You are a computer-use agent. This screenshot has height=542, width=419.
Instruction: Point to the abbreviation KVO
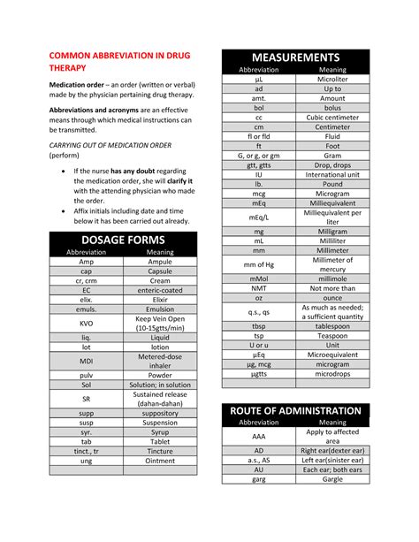[x=86, y=324]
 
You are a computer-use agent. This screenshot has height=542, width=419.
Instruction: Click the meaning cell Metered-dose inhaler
[x=160, y=361]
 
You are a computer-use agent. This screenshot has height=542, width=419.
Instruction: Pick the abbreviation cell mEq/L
[x=259, y=217]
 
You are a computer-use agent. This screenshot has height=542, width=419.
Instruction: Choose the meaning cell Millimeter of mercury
[x=332, y=264]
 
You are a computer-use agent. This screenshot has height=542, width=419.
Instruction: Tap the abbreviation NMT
[x=259, y=288]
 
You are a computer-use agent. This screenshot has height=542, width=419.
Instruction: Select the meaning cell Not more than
[x=332, y=288]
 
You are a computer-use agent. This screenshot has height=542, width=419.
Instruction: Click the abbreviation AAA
[x=259, y=436]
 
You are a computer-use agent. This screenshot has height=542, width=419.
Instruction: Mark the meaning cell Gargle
[x=332, y=481]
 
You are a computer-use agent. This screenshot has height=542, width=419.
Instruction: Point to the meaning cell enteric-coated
[x=160, y=290]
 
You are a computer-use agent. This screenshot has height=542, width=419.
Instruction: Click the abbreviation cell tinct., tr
[x=86, y=450]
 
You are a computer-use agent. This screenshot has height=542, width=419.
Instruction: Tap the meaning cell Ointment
[x=160, y=461]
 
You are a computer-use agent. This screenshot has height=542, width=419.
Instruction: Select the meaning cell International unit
[x=332, y=175]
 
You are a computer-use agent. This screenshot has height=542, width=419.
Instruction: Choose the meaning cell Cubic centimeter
[x=332, y=118]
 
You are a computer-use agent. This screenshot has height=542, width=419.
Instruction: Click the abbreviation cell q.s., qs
[x=259, y=312]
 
